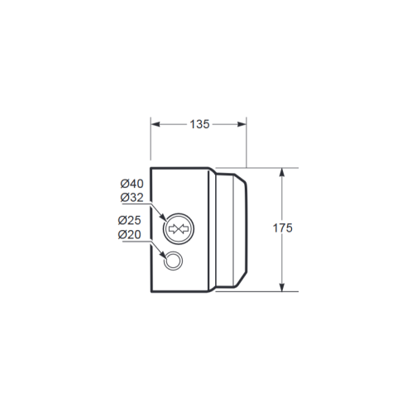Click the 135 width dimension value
pos(199,124)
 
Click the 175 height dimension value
pos(282,228)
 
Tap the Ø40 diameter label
pos(132,184)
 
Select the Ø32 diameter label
pos(132,198)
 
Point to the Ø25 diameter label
pos(130,220)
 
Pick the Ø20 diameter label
pos(130,234)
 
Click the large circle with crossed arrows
pos(179,213)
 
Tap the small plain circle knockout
pos(173,251)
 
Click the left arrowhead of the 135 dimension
pos(156,124)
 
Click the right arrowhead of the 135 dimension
pos(242,124)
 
